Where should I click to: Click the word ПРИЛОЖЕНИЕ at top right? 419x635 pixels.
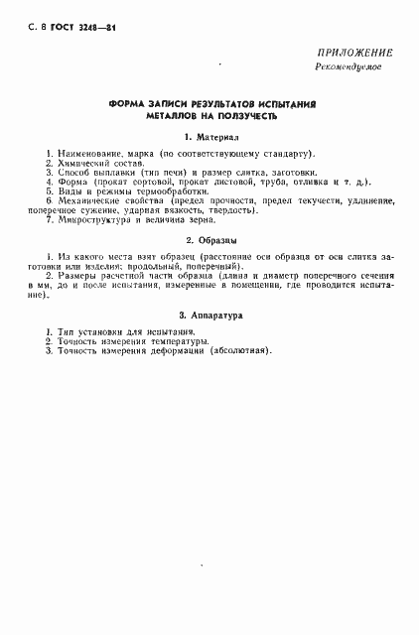pos(354,53)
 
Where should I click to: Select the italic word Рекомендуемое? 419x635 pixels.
pos(349,66)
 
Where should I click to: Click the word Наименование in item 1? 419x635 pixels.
pos(91,155)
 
